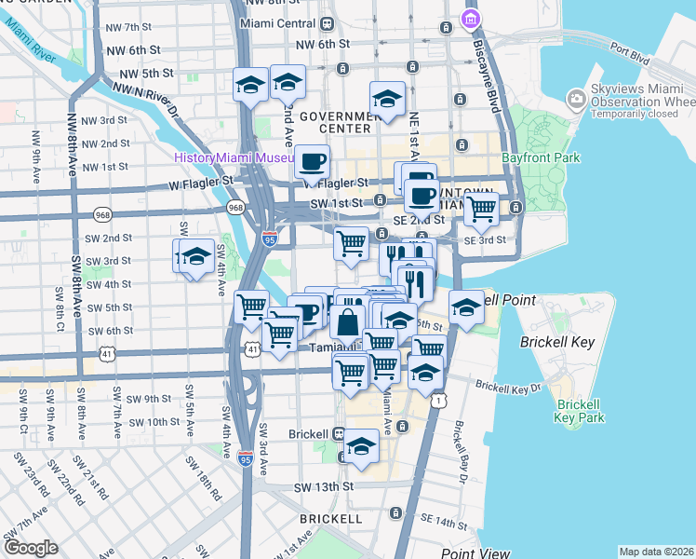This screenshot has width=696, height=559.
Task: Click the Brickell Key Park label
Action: (x=581, y=411)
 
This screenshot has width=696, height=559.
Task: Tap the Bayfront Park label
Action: (x=541, y=158)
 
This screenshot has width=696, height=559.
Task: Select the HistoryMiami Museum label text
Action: (x=233, y=157)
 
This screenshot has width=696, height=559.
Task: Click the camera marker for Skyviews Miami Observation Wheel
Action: (x=576, y=100)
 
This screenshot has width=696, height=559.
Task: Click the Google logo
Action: (x=30, y=547)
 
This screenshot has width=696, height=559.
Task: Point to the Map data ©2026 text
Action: (x=656, y=552)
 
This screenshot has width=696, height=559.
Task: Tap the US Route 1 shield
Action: (x=435, y=399)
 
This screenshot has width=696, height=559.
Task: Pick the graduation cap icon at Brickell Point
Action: (x=465, y=307)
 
